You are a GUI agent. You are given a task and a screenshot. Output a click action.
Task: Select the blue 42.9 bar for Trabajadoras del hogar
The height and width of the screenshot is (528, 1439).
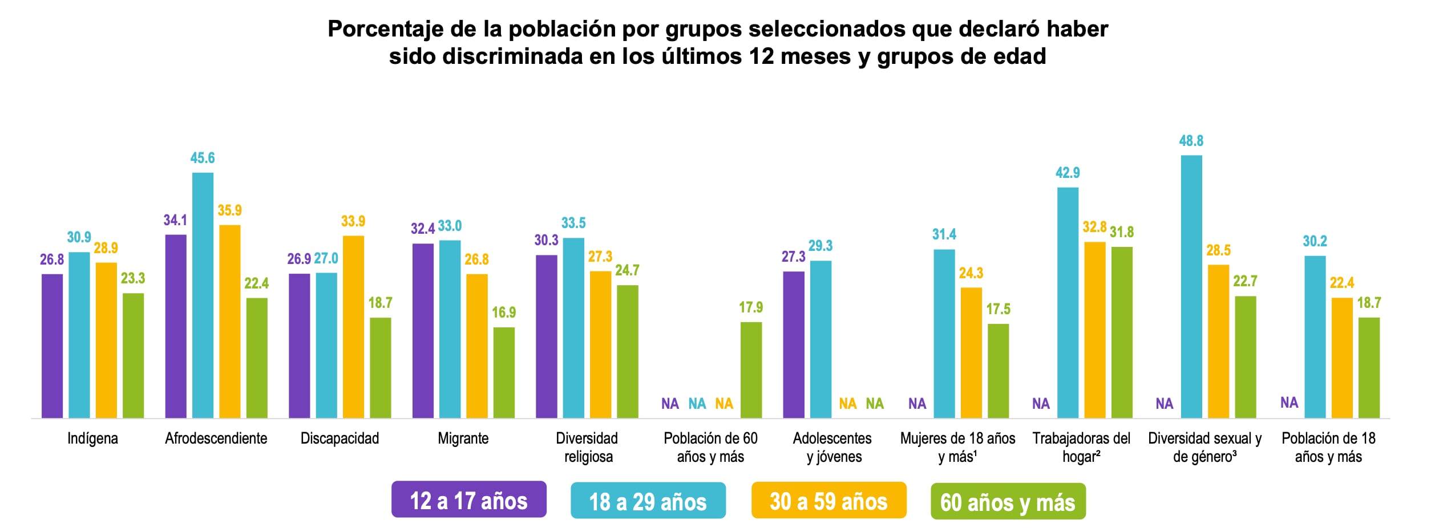click(x=1068, y=302)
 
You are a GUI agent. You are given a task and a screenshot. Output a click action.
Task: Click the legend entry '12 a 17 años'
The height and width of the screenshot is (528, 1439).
click(x=468, y=500)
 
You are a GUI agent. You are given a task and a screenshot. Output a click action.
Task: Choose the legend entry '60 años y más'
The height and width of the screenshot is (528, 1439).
click(x=1008, y=502)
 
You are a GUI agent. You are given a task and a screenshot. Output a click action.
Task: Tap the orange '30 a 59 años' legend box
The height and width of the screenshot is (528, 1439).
click(x=828, y=501)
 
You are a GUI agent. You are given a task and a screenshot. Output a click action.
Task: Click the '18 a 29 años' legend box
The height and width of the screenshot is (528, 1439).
click(x=648, y=501)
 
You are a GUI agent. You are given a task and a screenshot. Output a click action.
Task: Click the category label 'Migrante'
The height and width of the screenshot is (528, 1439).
click(x=463, y=438)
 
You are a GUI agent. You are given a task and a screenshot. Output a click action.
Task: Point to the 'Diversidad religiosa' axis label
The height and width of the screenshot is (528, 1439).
click(x=587, y=447)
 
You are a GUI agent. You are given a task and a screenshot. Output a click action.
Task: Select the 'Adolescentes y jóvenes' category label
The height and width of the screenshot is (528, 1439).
click(x=832, y=447)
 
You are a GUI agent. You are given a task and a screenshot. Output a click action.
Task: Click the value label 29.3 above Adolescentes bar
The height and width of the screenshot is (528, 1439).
click(x=820, y=246)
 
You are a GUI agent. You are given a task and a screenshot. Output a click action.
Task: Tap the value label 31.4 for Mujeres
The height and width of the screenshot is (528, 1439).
click(x=944, y=234)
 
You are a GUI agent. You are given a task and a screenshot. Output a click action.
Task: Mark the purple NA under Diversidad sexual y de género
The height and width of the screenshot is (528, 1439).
click(x=1164, y=404)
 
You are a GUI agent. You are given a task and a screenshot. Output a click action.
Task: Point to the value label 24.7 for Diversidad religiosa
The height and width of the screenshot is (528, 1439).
click(x=627, y=270)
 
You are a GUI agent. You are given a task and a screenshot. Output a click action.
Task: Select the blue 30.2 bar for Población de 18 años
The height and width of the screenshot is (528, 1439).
click(x=1315, y=336)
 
